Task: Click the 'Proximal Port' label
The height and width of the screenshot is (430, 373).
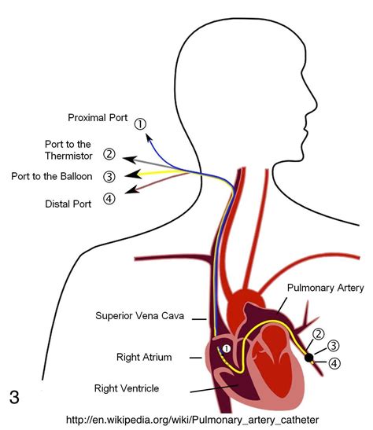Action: [x=97, y=118]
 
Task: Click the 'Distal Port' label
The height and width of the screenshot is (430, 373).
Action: [x=68, y=204]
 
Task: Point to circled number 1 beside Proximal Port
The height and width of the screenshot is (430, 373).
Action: [x=140, y=123]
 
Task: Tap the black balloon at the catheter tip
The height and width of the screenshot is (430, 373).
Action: [x=309, y=357]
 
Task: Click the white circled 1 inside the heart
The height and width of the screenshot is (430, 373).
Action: [x=226, y=349]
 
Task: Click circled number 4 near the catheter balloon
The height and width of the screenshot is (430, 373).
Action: [x=335, y=363]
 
